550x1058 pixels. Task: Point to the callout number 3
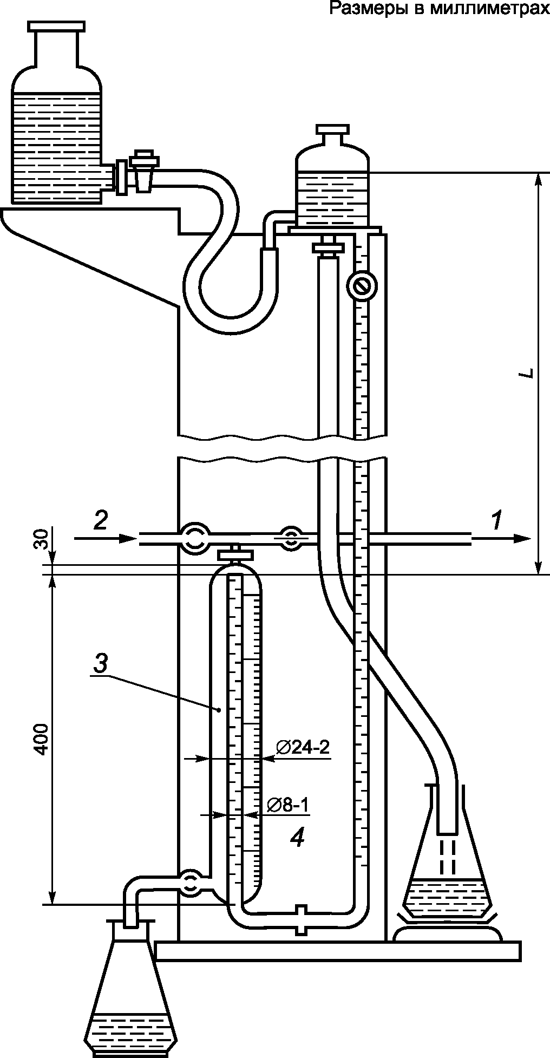point(101,663)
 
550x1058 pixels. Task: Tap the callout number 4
point(297,838)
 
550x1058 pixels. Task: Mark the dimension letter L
point(530,373)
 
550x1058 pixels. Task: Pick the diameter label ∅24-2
point(303,748)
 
